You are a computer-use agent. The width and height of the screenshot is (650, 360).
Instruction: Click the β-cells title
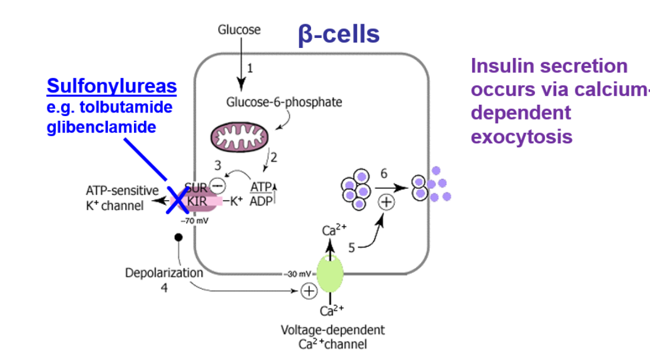(340, 34)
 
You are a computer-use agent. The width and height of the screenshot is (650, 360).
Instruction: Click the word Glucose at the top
(239, 30)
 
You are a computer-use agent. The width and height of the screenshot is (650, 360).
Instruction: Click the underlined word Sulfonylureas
(111, 86)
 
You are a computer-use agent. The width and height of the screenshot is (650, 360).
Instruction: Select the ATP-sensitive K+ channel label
(121, 198)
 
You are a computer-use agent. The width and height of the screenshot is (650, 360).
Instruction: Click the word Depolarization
(164, 273)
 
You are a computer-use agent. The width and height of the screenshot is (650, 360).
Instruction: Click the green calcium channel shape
(330, 274)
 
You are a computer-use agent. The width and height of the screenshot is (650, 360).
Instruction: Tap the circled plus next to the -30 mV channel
(308, 291)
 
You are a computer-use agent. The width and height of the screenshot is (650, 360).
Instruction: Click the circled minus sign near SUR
(218, 185)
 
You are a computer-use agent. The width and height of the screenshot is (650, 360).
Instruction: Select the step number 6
(384, 173)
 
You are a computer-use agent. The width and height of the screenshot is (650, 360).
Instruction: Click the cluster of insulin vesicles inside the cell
(356, 189)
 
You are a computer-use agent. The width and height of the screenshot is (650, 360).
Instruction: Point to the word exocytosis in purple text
(521, 137)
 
